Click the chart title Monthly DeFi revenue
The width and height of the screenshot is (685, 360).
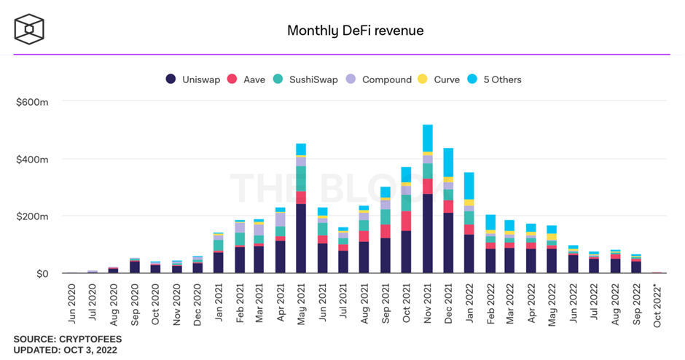pyautogui.click(x=355, y=31)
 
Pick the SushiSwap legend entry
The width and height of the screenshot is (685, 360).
pyautogui.click(x=307, y=79)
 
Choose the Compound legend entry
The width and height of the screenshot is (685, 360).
pyautogui.click(x=380, y=79)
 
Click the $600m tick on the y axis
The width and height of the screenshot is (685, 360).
pyautogui.click(x=32, y=102)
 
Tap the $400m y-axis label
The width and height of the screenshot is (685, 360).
pyautogui.click(x=32, y=159)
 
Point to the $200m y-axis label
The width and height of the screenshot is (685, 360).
pyautogui.click(x=32, y=216)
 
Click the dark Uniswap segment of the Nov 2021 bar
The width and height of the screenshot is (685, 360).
pyautogui.click(x=428, y=233)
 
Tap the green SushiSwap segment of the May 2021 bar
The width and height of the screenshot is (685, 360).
pyautogui.click(x=301, y=179)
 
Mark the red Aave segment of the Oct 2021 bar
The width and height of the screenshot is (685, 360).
pyautogui.click(x=407, y=221)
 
